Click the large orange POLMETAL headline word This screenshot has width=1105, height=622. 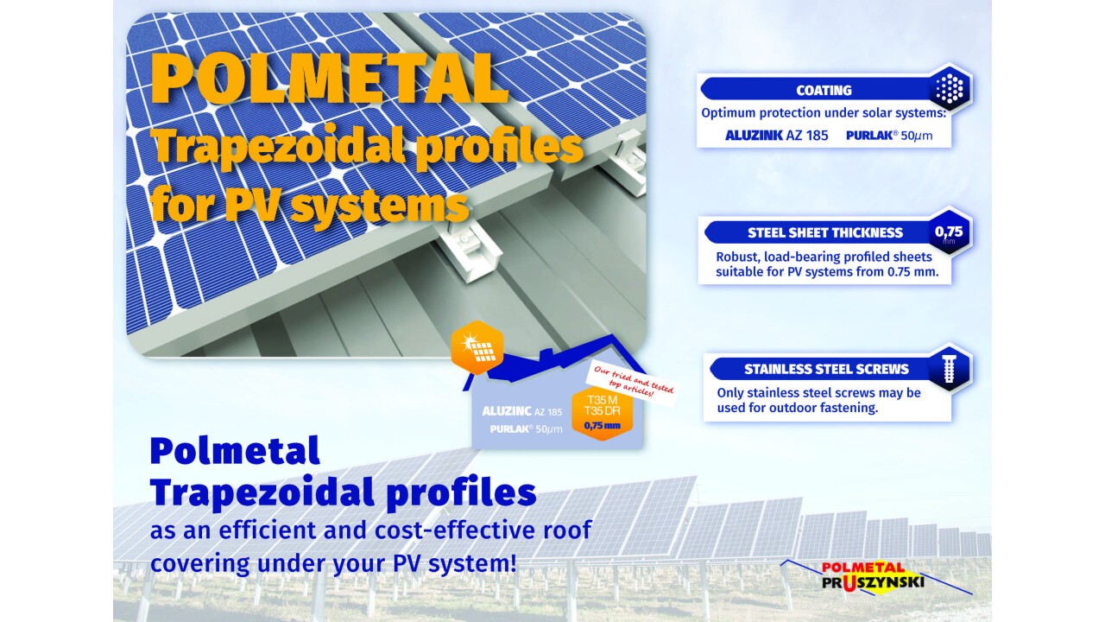(330, 78)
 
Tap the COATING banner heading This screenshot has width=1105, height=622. (824, 91)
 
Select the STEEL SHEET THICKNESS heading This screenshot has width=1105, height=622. (824, 232)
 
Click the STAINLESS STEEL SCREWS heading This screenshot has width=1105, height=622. (826, 369)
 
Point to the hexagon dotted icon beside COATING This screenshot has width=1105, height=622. (949, 89)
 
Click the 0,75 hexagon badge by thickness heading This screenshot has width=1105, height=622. (949, 232)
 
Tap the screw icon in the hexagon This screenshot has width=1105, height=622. (949, 368)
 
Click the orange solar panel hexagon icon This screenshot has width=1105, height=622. (477, 347)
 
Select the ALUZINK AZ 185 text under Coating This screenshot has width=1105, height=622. (776, 136)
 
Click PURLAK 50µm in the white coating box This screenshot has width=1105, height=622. (889, 136)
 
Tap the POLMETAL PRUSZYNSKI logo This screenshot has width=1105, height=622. (873, 575)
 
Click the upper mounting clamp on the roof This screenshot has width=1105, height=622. (628, 159)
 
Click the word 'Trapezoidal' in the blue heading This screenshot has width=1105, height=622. (262, 492)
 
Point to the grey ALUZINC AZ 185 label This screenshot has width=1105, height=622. (522, 411)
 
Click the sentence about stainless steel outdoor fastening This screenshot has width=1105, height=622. (819, 400)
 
